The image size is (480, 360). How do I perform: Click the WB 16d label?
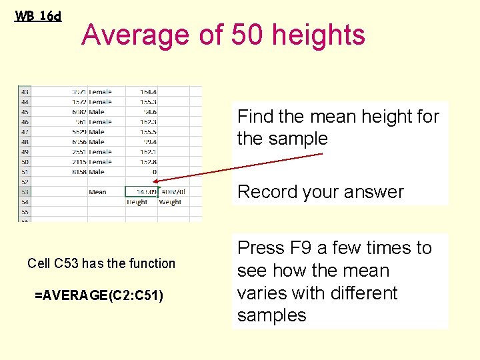[38, 15]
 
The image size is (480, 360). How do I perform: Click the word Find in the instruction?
[255, 117]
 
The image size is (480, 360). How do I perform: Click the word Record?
[267, 192]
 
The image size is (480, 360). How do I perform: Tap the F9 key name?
[301, 248]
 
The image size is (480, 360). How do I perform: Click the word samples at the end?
[271, 315]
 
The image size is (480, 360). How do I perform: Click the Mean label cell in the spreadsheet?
[97, 192]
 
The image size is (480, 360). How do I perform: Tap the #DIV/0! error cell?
[172, 192]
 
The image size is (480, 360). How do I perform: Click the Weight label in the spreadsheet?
[170, 202]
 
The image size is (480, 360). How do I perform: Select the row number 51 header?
[25, 172]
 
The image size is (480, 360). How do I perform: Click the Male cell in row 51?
[97, 172]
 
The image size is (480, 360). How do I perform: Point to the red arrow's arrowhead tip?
[160, 181]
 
